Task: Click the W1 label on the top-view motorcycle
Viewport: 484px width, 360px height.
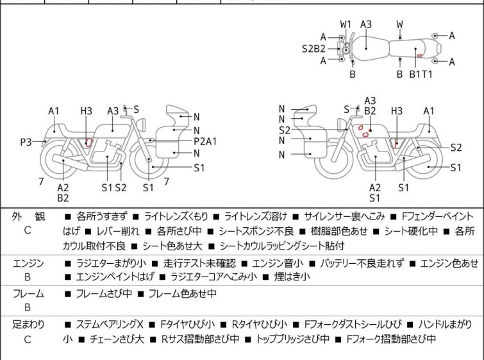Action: [346, 24]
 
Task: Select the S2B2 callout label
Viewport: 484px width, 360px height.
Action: [313, 49]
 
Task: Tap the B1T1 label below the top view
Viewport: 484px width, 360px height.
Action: [421, 74]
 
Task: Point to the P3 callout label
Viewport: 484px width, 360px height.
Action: [26, 142]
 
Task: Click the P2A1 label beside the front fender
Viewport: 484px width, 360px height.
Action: [205, 141]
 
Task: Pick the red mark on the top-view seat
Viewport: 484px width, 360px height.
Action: [419, 56]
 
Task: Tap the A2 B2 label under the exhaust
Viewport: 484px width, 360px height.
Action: [63, 193]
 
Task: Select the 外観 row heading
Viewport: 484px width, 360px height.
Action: [28, 216]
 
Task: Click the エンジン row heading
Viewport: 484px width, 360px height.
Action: [28, 264]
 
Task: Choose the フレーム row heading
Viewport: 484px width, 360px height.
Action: [28, 293]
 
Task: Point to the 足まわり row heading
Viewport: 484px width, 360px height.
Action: [28, 325]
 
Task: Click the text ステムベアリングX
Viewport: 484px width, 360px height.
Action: [110, 325]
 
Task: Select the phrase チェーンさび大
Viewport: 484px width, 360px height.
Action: [117, 339]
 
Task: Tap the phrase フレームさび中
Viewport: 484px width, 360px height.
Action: [104, 293]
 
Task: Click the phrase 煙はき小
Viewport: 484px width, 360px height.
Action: [292, 277]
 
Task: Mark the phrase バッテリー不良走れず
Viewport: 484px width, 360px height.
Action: [362, 264]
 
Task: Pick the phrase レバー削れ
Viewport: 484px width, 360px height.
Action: [117, 231]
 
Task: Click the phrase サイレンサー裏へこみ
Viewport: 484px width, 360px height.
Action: [344, 216]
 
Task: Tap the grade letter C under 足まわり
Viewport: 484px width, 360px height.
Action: [28, 339]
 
